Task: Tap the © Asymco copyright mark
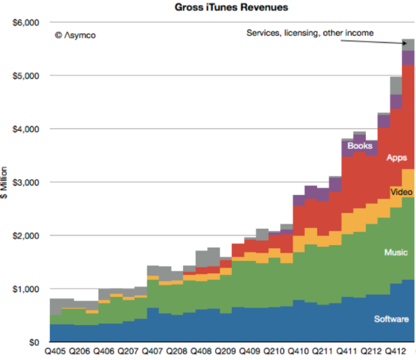point(75,35)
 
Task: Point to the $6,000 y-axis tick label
point(25,22)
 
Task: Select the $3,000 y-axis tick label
point(25,182)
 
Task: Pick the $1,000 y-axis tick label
point(25,289)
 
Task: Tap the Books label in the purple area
point(359,145)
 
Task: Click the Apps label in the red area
point(396,158)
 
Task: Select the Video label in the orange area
point(401,193)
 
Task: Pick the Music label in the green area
point(396,253)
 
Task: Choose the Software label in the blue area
point(391,319)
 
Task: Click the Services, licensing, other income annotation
point(310,33)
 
